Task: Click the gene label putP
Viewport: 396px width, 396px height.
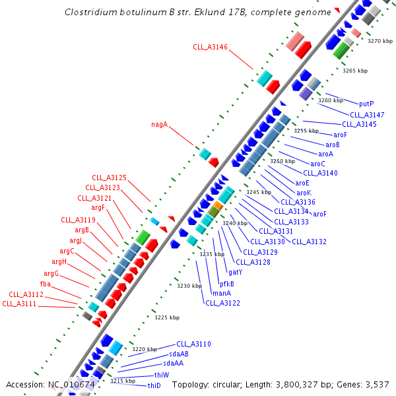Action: (366, 104)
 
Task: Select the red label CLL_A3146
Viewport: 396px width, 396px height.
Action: (210, 47)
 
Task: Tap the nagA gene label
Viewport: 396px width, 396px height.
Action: (159, 123)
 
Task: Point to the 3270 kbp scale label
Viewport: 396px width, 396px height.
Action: (379, 41)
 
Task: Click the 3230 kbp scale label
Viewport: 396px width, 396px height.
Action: (189, 286)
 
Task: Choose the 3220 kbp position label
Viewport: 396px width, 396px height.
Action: (144, 349)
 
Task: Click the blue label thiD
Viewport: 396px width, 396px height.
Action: (154, 385)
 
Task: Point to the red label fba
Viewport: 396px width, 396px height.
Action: (46, 284)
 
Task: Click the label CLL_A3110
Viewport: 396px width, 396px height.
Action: (193, 344)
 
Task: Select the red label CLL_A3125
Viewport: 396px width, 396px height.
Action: (109, 178)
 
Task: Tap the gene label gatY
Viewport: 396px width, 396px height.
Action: (235, 272)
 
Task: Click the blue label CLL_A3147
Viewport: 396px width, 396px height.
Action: (362, 114)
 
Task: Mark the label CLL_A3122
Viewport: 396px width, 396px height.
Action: (222, 303)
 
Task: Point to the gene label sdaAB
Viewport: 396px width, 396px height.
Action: (179, 354)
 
